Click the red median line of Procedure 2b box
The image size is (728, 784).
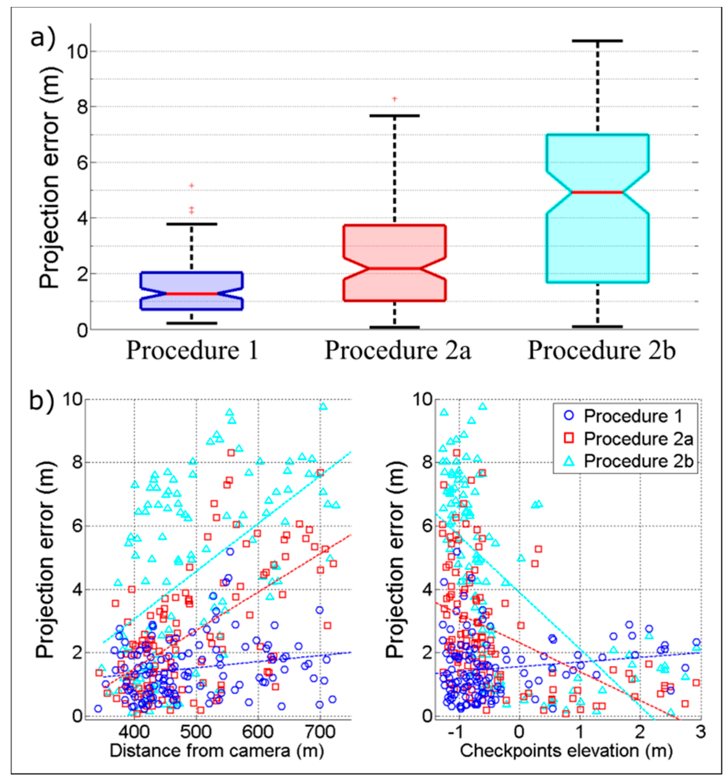point(597,192)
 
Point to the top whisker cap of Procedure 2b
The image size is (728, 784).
point(597,41)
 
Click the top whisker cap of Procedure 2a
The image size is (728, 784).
point(394,115)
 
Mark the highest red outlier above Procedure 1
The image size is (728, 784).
point(191,185)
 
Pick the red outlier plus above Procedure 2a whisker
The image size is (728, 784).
point(394,99)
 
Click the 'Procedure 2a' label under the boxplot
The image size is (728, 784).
point(397,350)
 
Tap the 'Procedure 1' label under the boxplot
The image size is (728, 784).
point(192,350)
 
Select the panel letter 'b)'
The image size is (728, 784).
point(42,401)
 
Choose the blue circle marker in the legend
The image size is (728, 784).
point(570,415)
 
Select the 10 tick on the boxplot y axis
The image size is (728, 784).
point(77,52)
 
